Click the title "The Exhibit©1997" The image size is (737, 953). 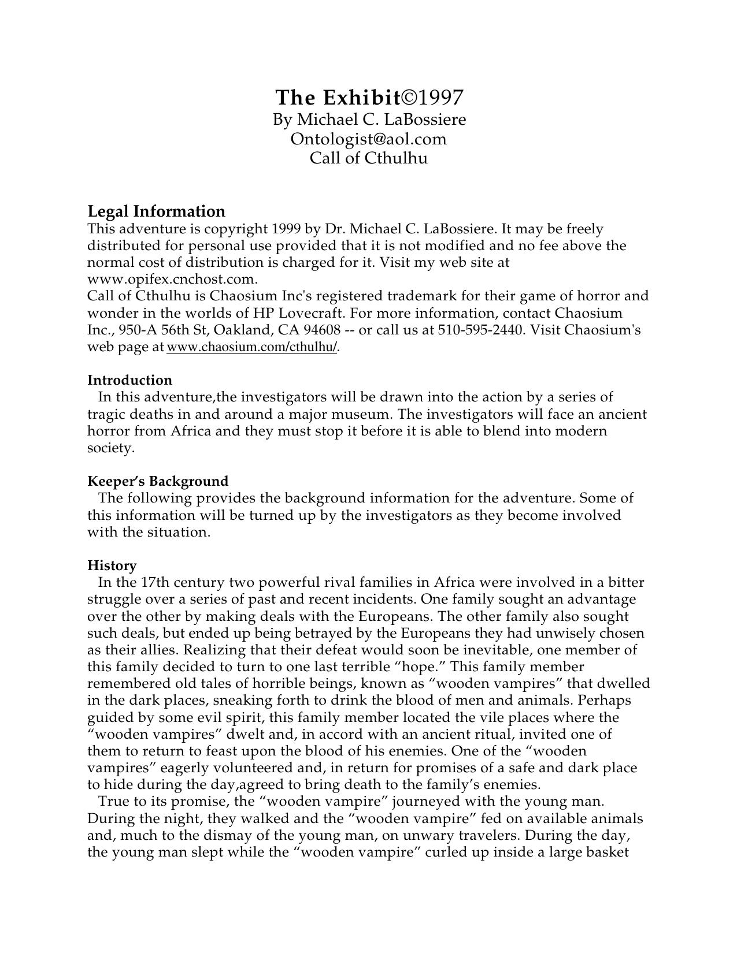369,98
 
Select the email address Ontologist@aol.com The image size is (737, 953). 369,139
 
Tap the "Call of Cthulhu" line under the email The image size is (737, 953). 369,158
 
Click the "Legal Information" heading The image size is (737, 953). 156,211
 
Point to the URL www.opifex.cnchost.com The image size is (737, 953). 172,280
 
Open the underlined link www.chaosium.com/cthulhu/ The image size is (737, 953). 251,347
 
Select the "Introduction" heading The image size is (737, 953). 129,380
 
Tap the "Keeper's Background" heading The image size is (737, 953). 158,481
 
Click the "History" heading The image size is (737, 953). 112,565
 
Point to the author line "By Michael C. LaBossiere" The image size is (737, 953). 369,120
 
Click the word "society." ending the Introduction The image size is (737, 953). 110,448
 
